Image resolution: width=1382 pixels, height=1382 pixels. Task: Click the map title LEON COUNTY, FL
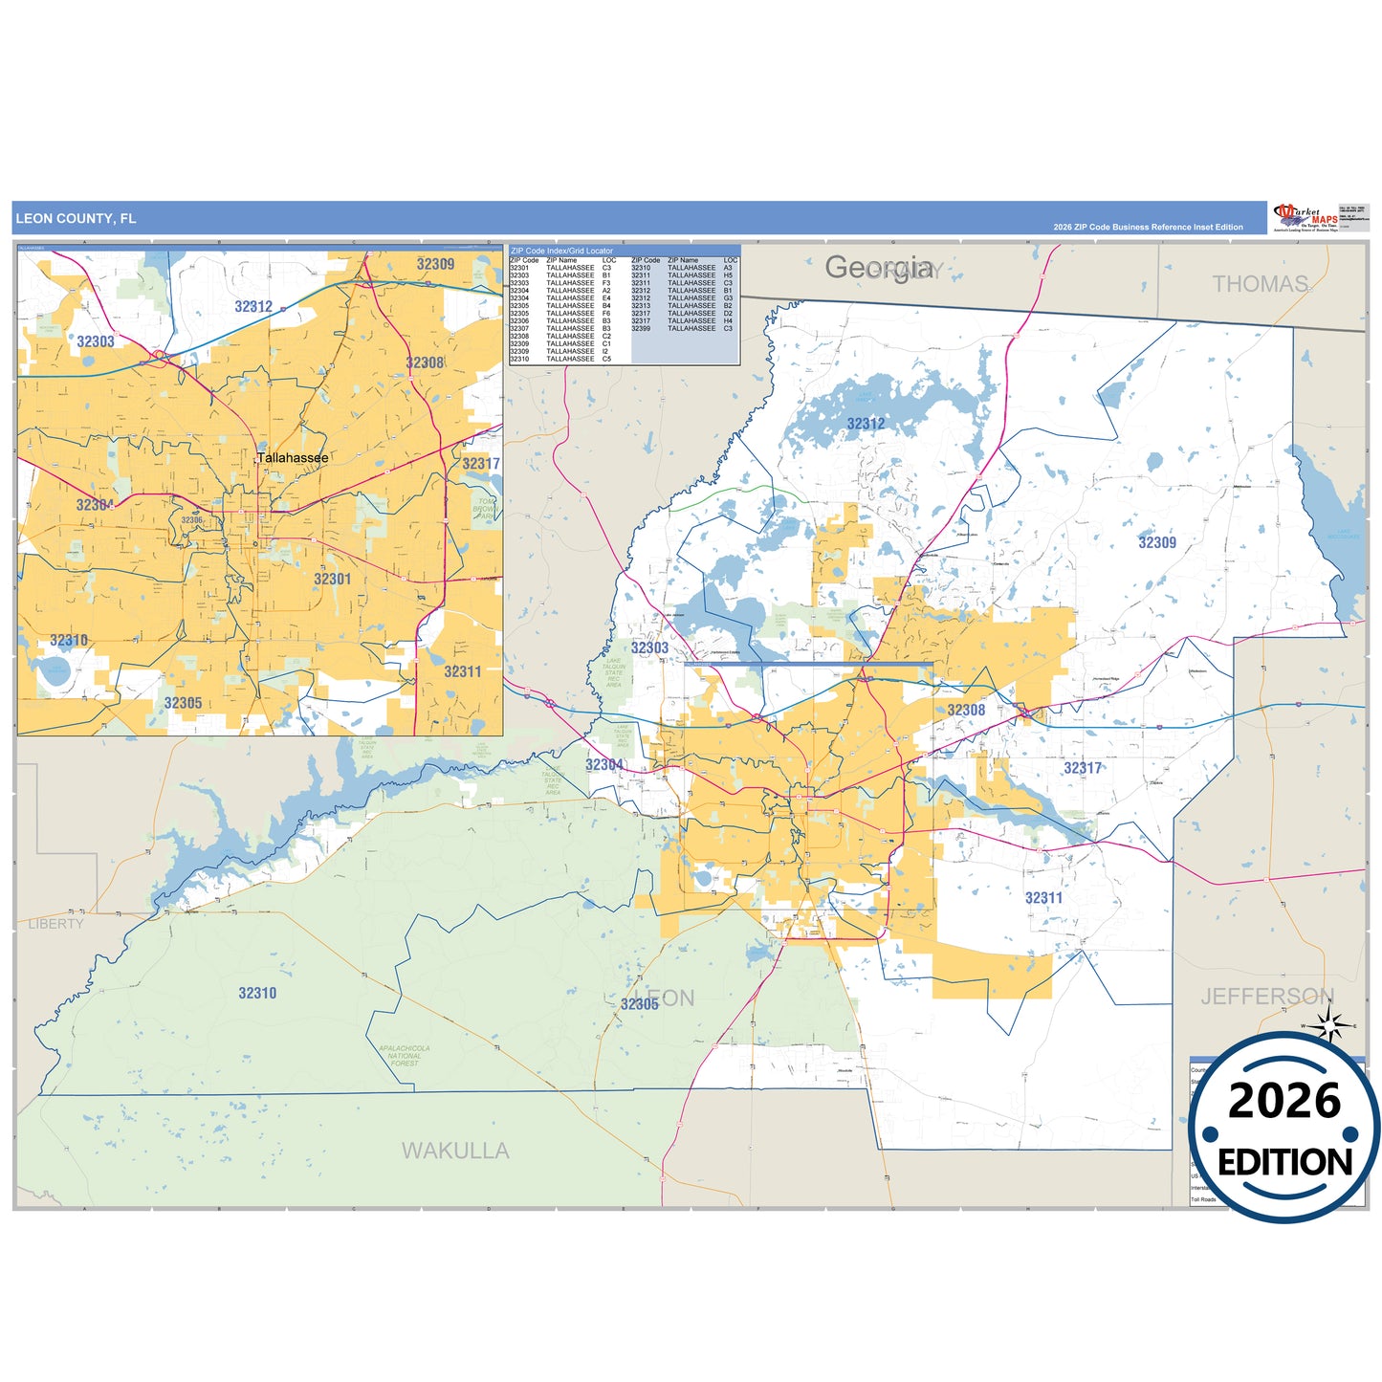76,219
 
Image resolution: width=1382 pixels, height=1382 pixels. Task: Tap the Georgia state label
879,268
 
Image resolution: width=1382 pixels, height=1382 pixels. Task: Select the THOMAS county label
1260,284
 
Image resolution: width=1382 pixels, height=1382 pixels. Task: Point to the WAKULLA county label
455,1151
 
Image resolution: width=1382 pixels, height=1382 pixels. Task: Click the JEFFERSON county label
1266,997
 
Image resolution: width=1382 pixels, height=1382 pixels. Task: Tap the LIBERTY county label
55,924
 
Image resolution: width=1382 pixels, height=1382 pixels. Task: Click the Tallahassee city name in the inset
293,458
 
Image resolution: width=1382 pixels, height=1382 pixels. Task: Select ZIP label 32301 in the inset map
332,580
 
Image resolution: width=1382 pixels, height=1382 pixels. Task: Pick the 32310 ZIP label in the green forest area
257,994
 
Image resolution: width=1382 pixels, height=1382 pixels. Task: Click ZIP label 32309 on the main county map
1156,543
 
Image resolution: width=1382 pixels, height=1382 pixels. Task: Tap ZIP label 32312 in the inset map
253,307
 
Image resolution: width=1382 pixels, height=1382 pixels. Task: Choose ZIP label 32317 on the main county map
1083,768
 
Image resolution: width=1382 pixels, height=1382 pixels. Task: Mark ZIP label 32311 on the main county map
1043,898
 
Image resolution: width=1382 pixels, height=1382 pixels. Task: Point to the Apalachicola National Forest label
404,1056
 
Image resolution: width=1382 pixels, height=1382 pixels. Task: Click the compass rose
1328,1025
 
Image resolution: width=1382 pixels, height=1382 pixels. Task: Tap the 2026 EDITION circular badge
1283,1129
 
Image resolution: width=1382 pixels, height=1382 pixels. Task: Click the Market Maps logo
1305,217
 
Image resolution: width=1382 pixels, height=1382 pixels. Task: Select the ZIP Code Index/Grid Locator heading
561,251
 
